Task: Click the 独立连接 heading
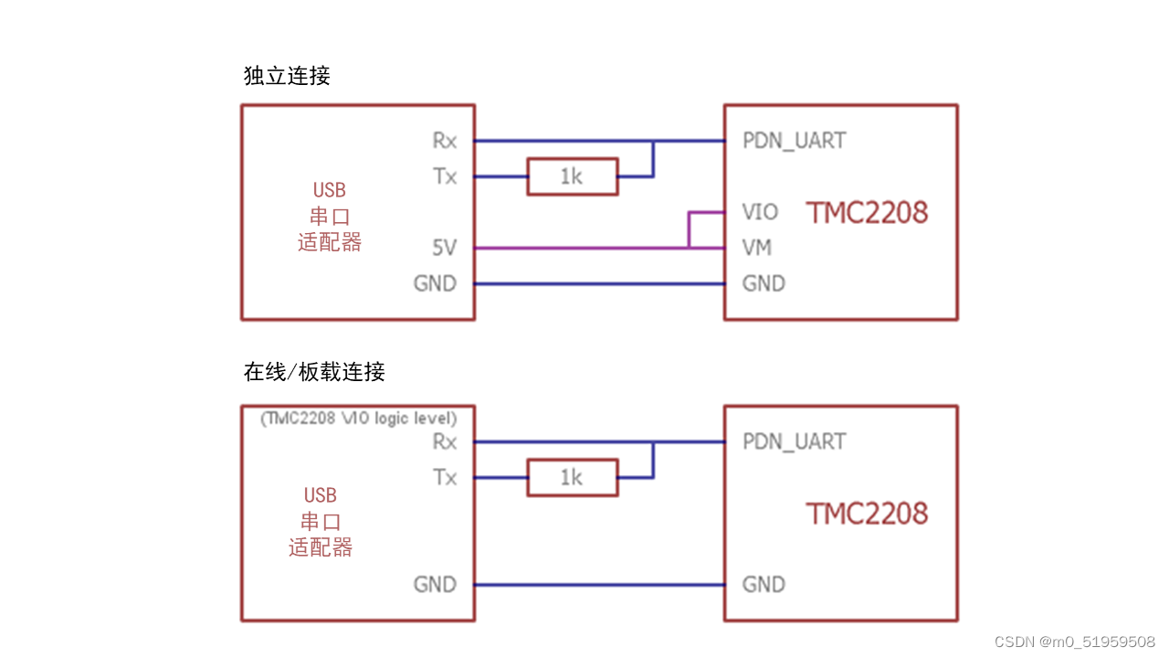tap(287, 76)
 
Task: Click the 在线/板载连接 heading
tap(314, 372)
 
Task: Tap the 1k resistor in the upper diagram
tap(572, 176)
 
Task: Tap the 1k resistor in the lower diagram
tap(572, 477)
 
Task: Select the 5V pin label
tap(444, 248)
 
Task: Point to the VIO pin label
tap(760, 212)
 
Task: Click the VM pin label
tap(757, 248)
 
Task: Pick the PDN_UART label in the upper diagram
tap(794, 141)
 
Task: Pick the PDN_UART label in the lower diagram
tap(794, 441)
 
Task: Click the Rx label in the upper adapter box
tap(445, 141)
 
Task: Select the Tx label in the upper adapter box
tap(445, 176)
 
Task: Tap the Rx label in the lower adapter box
tap(445, 441)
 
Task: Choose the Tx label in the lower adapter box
tap(445, 477)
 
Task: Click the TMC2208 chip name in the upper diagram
tap(867, 213)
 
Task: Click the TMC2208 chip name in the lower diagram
tap(867, 514)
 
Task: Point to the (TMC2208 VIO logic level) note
tap(358, 419)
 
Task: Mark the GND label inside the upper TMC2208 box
tap(764, 283)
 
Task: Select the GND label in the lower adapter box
tap(435, 584)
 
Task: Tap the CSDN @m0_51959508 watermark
tap(1074, 642)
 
